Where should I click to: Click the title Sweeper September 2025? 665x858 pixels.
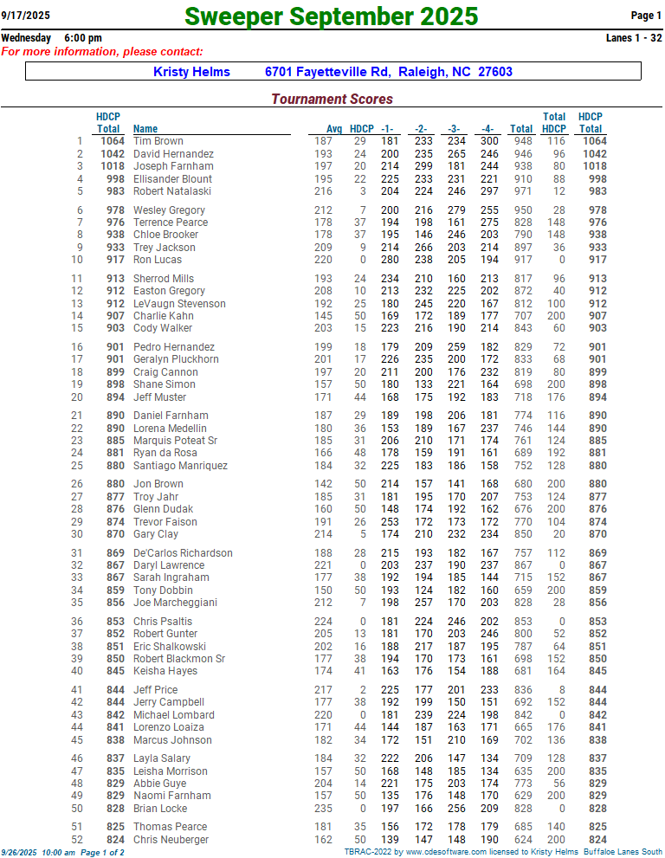pyautogui.click(x=332, y=16)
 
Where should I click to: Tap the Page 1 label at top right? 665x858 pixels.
pyautogui.click(x=646, y=16)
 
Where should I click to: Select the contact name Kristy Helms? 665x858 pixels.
pyautogui.click(x=192, y=73)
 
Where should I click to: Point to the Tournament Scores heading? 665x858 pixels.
pyautogui.click(x=332, y=100)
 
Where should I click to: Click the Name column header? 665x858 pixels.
pyautogui.click(x=145, y=129)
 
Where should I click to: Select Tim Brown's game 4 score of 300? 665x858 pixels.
pyautogui.click(x=489, y=141)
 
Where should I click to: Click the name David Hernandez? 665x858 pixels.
pyautogui.click(x=173, y=154)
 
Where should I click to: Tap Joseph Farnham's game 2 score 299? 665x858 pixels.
pyautogui.click(x=423, y=166)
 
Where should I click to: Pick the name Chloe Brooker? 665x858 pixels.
pyautogui.click(x=165, y=235)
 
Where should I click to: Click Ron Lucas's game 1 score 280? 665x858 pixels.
pyautogui.click(x=390, y=260)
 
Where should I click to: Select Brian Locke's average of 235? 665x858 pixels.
pyautogui.click(x=323, y=809)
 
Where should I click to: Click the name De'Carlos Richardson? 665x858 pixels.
pyautogui.click(x=183, y=553)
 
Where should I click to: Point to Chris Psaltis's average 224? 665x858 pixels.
pyautogui.click(x=323, y=622)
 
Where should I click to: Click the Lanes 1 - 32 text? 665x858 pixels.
pyautogui.click(x=634, y=38)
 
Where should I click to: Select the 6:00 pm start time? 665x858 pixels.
pyautogui.click(x=83, y=38)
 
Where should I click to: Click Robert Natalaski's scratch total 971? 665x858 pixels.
pyautogui.click(x=522, y=191)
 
